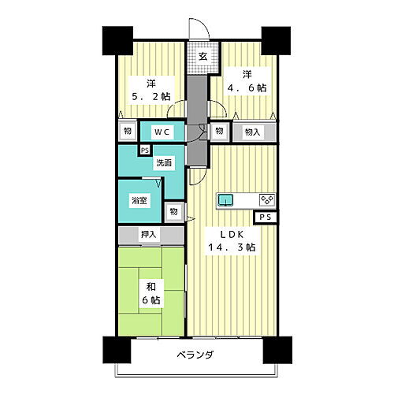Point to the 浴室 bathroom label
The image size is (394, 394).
[x=139, y=201]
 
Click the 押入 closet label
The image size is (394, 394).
[x=149, y=234]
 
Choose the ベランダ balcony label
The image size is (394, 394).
[x=196, y=354]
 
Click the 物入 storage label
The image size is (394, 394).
[x=253, y=131]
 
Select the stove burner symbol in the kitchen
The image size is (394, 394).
[x=266, y=199]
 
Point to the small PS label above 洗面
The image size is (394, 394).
[x=144, y=150]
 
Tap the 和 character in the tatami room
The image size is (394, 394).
[x=151, y=286]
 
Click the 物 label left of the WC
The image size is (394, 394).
[x=125, y=131]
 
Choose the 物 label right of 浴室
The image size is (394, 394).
[x=174, y=211]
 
